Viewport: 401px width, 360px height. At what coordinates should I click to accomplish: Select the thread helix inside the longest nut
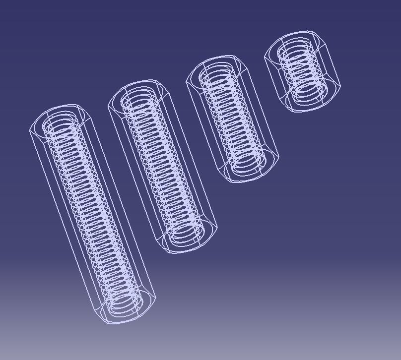[92, 213]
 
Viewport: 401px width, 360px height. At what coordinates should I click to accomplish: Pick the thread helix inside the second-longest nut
[163, 166]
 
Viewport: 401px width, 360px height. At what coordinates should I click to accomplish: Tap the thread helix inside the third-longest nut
[232, 119]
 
